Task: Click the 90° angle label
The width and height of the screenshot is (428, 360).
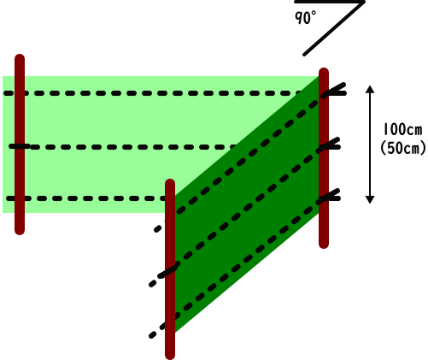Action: point(305,18)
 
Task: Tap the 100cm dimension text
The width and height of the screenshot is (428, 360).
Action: point(402,129)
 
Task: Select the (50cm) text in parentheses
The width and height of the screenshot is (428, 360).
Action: point(403,148)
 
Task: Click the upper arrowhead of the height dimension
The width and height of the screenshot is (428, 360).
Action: point(370,89)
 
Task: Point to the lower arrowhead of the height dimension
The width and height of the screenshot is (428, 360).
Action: point(370,199)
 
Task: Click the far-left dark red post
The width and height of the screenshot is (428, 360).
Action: point(20,145)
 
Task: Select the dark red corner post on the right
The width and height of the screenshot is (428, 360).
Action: point(324,158)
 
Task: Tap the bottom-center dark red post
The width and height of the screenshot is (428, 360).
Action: point(170,269)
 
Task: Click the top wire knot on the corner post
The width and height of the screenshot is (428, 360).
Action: point(334,91)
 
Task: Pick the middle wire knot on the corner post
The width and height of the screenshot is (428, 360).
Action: point(331,145)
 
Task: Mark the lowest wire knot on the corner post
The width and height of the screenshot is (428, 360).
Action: point(331,196)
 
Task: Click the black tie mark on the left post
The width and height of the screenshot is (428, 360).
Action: point(20,146)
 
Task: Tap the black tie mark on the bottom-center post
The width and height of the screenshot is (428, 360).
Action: point(168,272)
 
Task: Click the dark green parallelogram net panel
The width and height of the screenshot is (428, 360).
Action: point(247,204)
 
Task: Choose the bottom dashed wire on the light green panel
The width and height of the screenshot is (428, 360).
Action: point(85,198)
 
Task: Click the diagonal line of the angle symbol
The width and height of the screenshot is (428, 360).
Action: point(334,28)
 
